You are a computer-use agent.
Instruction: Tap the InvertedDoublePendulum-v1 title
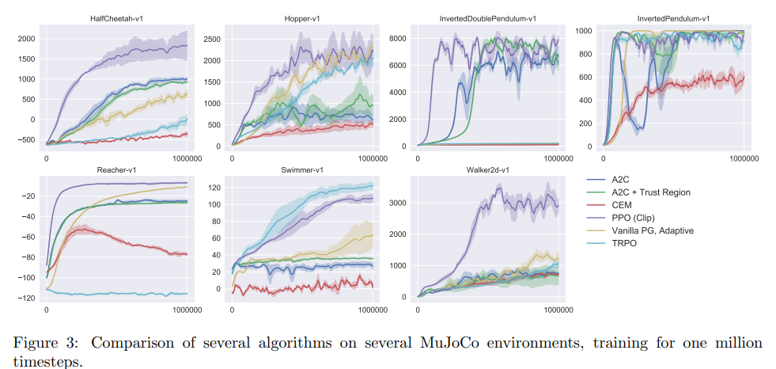(x=488, y=17)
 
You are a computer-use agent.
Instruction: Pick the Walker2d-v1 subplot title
(x=488, y=170)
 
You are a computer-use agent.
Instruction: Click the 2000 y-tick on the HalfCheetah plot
(x=26, y=39)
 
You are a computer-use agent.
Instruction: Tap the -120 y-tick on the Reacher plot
(x=28, y=298)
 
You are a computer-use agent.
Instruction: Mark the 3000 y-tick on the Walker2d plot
(x=399, y=204)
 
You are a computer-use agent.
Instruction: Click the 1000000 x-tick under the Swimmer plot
(x=372, y=311)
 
